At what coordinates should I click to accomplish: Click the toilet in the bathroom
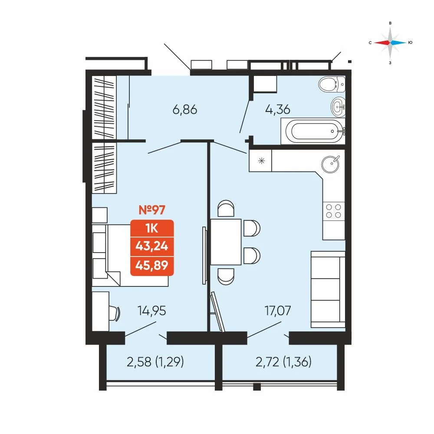point(332,84)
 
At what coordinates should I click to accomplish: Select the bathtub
point(313,131)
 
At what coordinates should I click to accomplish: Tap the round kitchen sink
point(330,164)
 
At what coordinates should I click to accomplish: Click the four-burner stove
point(333,211)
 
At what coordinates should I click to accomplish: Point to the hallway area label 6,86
point(185,110)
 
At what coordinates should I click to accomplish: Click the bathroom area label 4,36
point(278,109)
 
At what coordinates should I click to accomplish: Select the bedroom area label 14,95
point(152,311)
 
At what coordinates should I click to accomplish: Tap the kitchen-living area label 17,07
point(278,311)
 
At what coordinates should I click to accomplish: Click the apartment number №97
point(151,210)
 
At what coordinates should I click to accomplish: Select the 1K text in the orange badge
point(151,229)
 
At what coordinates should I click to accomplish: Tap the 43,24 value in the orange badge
point(151,246)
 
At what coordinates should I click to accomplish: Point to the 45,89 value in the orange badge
point(151,266)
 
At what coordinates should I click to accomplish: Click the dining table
point(226,242)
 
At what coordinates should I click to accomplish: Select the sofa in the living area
point(328,289)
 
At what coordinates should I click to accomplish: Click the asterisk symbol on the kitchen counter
point(261,161)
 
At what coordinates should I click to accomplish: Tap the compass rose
point(390,43)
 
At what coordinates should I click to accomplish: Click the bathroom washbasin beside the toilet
point(338,107)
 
